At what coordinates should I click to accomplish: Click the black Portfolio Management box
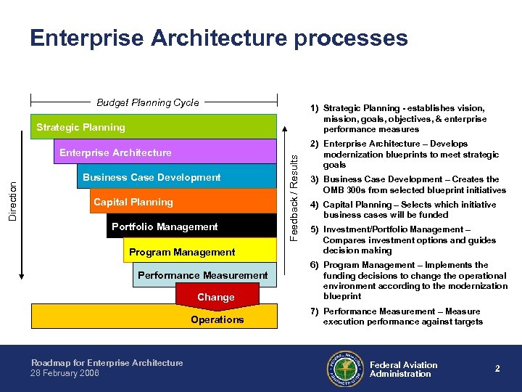(192, 226)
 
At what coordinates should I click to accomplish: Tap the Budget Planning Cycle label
(148, 103)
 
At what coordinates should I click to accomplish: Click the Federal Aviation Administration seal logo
(344, 369)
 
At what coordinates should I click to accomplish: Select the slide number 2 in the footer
(497, 369)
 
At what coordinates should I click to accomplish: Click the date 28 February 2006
(65, 373)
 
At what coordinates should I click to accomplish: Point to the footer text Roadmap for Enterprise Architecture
(107, 363)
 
